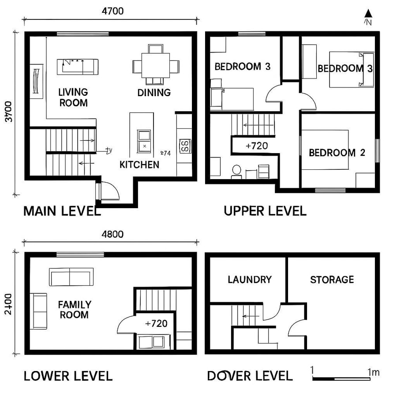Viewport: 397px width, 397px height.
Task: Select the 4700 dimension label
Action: [x=112, y=11]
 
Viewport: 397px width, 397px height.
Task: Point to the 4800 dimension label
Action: [x=112, y=234]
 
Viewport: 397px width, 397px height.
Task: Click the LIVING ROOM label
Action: [x=73, y=97]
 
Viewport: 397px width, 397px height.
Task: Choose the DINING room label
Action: [x=154, y=93]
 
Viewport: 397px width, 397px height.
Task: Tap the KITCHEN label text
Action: [x=139, y=165]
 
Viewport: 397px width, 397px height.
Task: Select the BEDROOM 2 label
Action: [x=337, y=153]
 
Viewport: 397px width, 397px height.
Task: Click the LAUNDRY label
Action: [x=249, y=280]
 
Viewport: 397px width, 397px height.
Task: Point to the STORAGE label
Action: [x=332, y=280]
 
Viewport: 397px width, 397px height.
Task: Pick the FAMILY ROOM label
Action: [x=75, y=310]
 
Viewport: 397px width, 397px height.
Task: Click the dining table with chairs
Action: [x=156, y=66]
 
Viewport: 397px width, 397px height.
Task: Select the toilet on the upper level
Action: [x=236, y=171]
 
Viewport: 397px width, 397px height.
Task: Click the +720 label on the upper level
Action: [x=256, y=146]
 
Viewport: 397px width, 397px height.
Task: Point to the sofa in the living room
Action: [x=78, y=67]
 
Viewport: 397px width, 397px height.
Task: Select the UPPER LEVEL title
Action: [x=265, y=211]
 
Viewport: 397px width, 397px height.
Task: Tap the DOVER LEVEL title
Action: [x=250, y=376]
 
